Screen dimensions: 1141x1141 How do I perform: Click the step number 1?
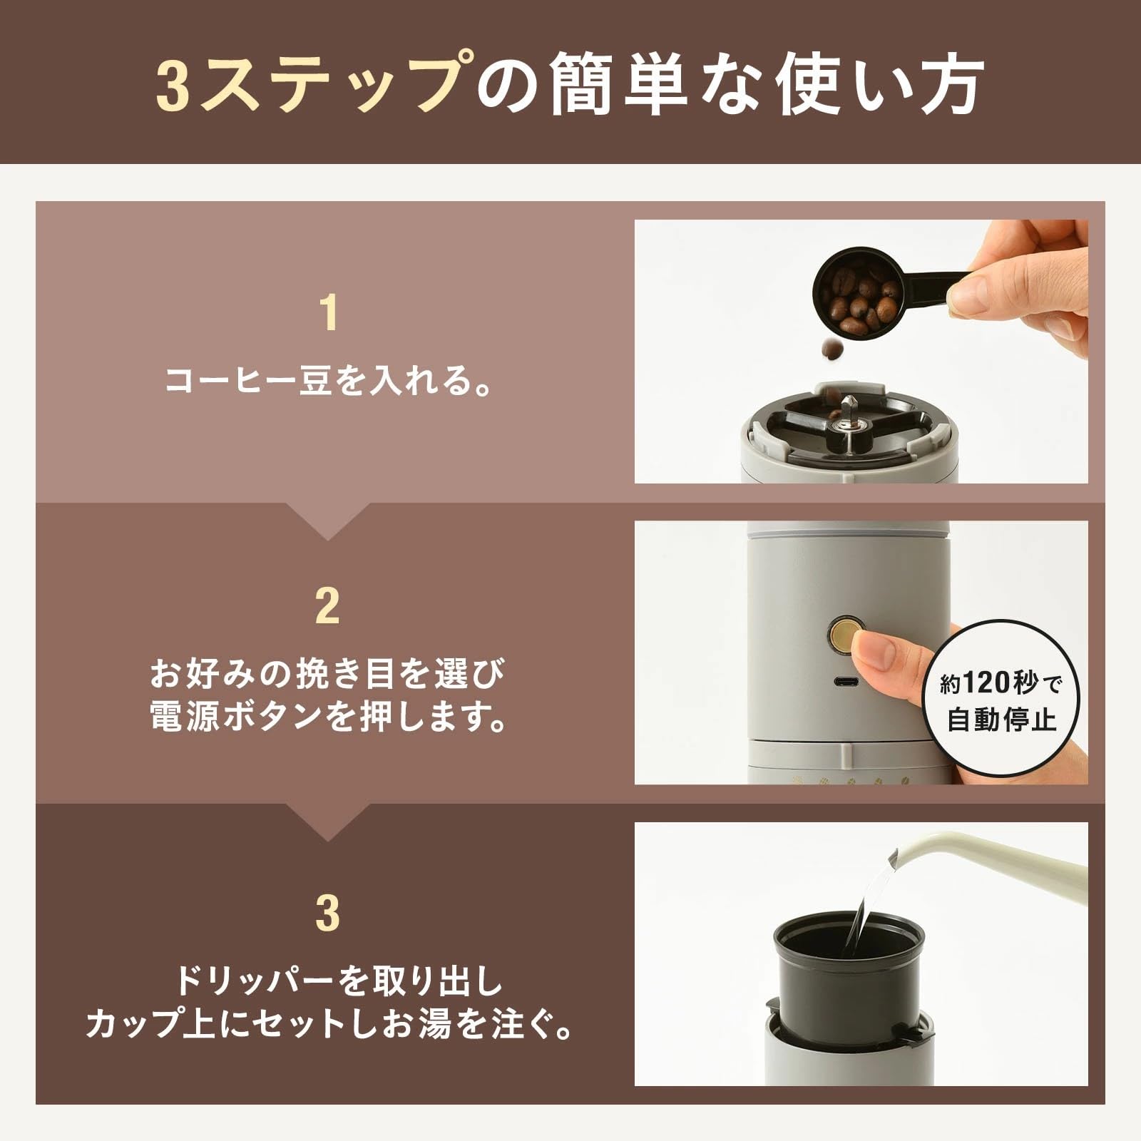328,314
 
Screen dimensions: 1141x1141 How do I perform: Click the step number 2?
328,607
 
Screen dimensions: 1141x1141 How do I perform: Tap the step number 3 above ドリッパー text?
328,914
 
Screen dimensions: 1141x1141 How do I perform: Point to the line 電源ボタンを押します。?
328,717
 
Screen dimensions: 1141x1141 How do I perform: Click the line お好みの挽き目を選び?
328,674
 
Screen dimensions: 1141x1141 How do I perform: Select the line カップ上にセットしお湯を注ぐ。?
328,1025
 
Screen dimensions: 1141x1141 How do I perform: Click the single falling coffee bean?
832,349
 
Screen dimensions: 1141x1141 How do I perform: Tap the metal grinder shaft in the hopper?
847,417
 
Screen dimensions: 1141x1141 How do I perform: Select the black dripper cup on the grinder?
834,963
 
